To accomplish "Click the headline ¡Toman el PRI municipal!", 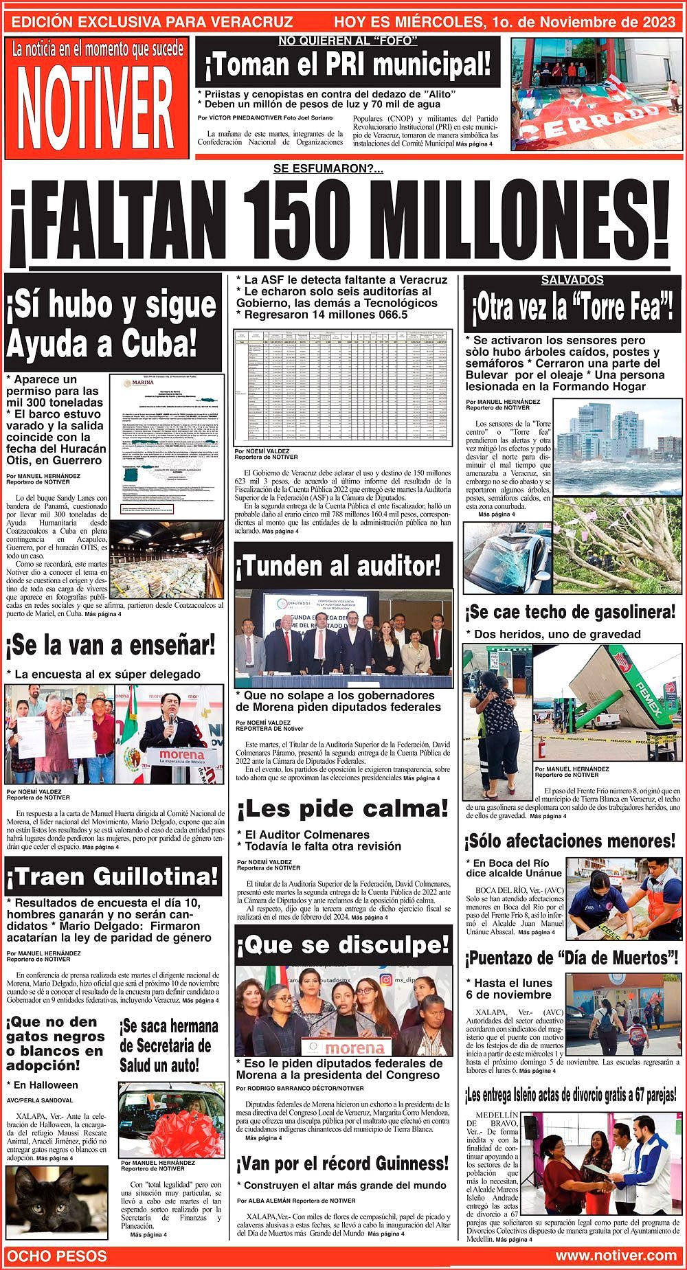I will point(348,66).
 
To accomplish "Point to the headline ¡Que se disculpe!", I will point(342,945).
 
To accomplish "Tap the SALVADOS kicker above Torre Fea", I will point(572,280).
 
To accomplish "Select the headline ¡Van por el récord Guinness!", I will point(342,1164).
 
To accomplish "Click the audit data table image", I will point(342,387).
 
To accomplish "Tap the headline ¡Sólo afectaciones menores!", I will point(570,841).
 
